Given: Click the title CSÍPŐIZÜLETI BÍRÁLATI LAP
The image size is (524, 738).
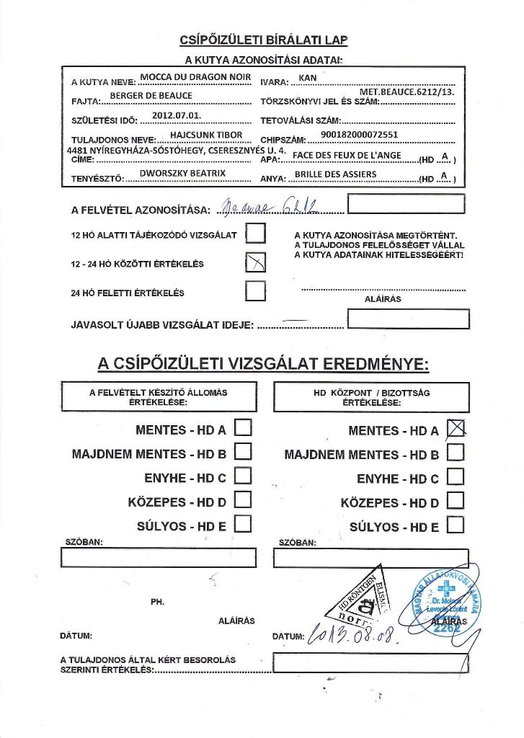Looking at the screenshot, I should (262, 40).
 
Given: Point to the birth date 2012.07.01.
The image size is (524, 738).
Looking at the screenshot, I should (177, 115).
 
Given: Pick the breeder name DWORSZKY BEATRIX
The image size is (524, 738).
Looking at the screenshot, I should (182, 174).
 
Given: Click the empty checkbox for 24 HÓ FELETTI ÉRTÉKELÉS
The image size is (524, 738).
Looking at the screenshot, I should (256, 290).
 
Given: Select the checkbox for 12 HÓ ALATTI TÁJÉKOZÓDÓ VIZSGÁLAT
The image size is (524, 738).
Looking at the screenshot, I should (256, 234).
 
